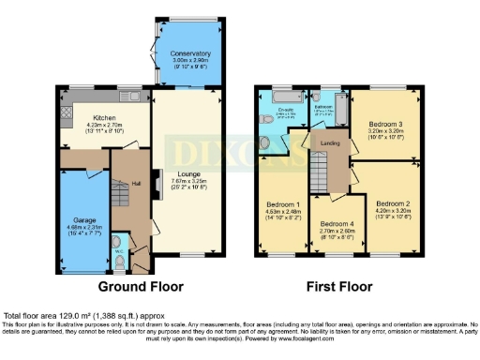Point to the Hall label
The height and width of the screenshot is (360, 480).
tap(134, 184)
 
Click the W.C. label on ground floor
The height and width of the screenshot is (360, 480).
tap(119, 250)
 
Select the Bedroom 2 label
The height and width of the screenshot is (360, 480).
tap(394, 203)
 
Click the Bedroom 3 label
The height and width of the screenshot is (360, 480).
tap(385, 125)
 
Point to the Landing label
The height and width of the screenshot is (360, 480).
tap(330, 142)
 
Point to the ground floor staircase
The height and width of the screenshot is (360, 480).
tap(123, 192)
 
